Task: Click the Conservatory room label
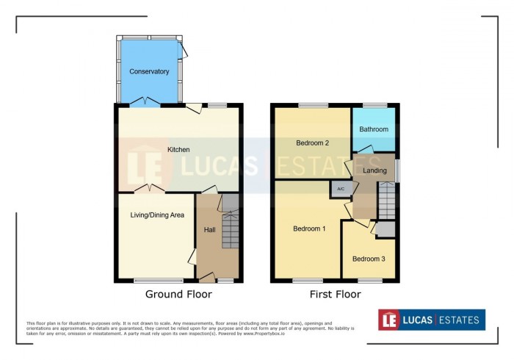click(x=149, y=71)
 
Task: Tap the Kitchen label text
click(x=178, y=150)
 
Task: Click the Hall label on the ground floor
click(x=209, y=230)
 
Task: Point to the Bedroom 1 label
click(x=309, y=228)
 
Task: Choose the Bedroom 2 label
click(x=311, y=143)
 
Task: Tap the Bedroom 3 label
click(x=368, y=259)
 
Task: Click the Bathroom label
click(x=374, y=129)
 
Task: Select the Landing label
click(x=374, y=170)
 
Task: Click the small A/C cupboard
click(x=340, y=189)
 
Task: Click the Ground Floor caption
click(x=178, y=295)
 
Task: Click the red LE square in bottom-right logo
click(x=388, y=320)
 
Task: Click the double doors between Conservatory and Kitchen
click(x=149, y=102)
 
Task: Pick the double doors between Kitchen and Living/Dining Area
click(x=153, y=190)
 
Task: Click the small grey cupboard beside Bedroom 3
click(x=385, y=228)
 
